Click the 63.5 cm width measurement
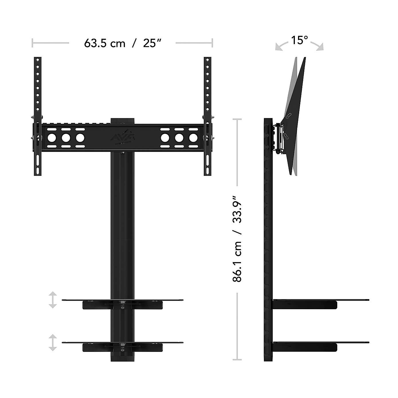pyautogui.click(x=105, y=43)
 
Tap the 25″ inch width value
pyautogui.click(x=152, y=43)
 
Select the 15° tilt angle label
pyautogui.click(x=299, y=40)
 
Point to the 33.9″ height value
pyautogui.click(x=238, y=209)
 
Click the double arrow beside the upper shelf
pyautogui.click(x=52, y=300)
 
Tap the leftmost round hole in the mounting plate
pyautogui.click(x=52, y=138)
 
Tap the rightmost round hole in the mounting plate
pyautogui.click(x=193, y=138)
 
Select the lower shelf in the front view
pyautogui.click(x=122, y=343)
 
